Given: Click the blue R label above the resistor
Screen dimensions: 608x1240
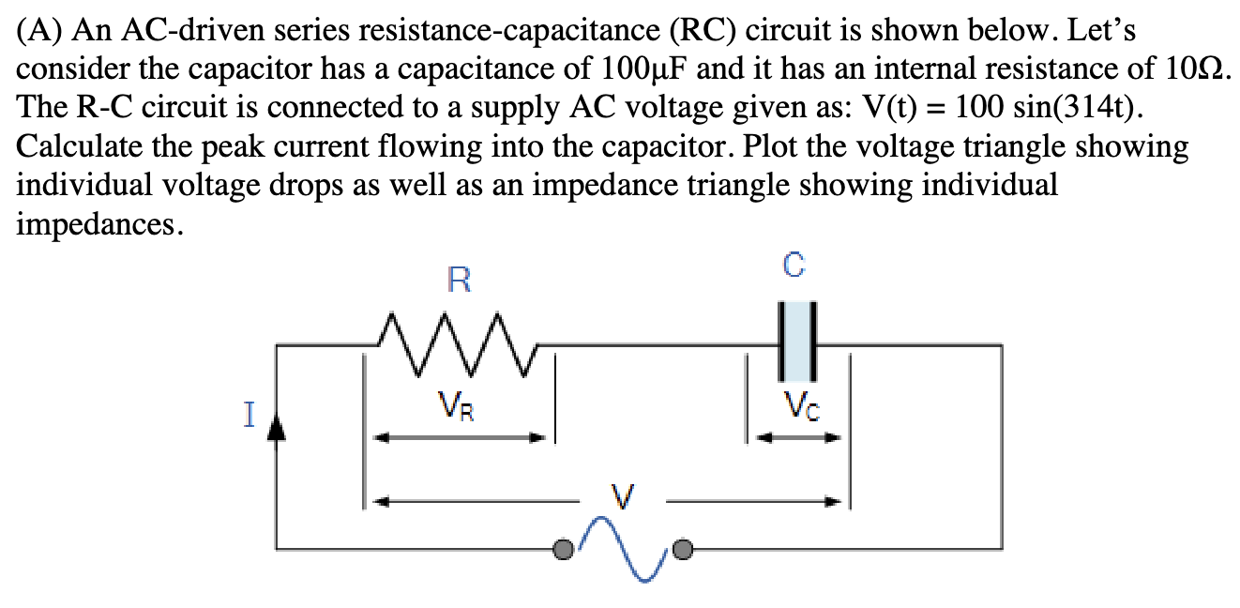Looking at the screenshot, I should (x=459, y=280).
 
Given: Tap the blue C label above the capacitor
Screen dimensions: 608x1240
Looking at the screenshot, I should (x=794, y=266).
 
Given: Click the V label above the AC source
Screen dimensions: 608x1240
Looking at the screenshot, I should (x=623, y=494).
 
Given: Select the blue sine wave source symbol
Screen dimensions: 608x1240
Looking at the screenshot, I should (x=623, y=549).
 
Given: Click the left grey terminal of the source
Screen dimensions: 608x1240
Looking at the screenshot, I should (x=563, y=550).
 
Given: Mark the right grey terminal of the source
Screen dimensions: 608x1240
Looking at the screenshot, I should (x=685, y=550).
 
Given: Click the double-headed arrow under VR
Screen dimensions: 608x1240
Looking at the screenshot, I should (x=460, y=438).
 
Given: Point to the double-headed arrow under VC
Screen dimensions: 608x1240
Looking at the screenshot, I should (x=798, y=438).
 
